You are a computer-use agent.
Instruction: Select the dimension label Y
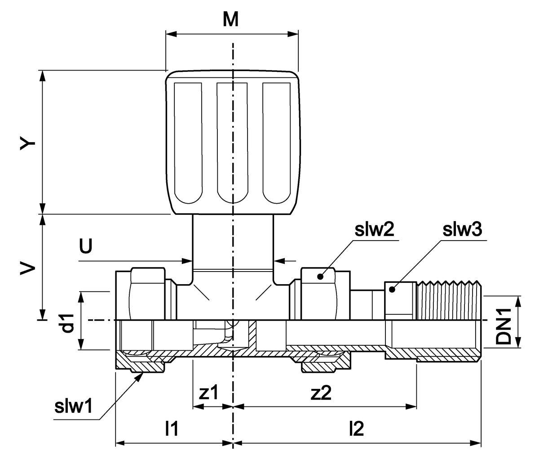(x=28, y=144)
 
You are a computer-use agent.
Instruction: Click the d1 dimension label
(x=67, y=323)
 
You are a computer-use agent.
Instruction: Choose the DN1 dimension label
(x=504, y=325)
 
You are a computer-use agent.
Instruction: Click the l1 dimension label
(x=172, y=429)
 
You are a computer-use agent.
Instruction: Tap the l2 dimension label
(x=356, y=429)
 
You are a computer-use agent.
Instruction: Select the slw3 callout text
(x=462, y=230)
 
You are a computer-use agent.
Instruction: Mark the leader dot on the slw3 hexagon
(x=392, y=290)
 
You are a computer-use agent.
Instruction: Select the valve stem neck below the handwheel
(x=232, y=243)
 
